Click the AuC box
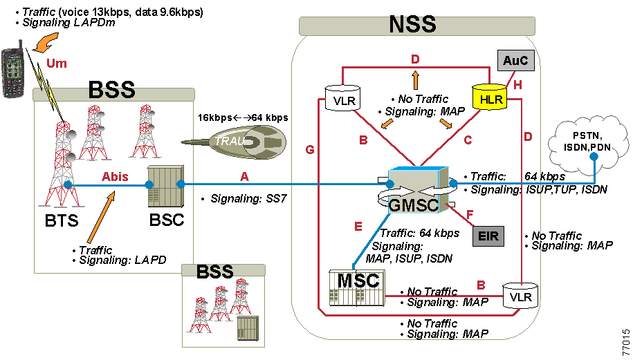pyautogui.click(x=515, y=61)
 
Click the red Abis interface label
pyautogui.click(x=115, y=177)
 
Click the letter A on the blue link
pyautogui.click(x=244, y=177)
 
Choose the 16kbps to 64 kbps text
pyautogui.click(x=243, y=118)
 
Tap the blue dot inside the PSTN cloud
pyautogui.click(x=594, y=157)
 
